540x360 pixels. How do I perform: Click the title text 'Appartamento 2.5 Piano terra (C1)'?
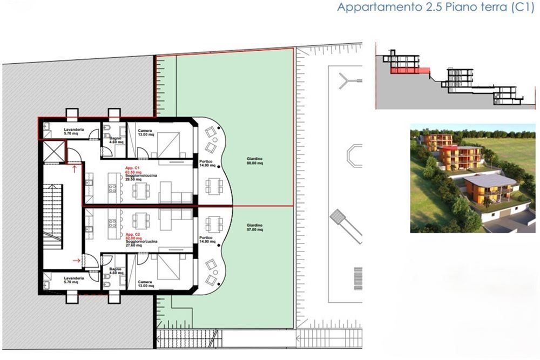434,8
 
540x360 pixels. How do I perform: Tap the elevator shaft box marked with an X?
52,151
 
